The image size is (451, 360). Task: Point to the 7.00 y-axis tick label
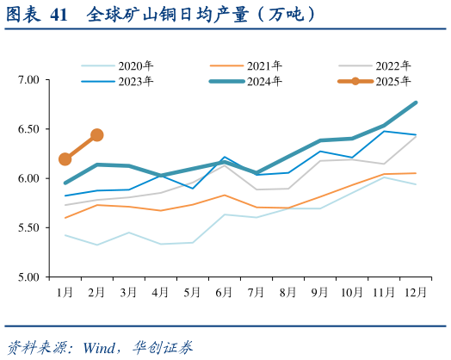coord(29,80)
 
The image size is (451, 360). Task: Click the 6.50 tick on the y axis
coord(29,129)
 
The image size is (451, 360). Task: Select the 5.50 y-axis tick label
coord(29,228)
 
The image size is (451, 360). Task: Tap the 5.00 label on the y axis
coord(29,277)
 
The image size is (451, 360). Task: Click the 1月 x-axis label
coord(65,293)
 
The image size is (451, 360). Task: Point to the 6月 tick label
coord(224,293)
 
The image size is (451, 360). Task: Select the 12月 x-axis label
coord(416,293)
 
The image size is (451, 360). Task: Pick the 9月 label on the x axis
coord(320,293)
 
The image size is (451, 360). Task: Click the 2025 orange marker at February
coord(97,135)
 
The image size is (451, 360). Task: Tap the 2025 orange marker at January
coord(65,159)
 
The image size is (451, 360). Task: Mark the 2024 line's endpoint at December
coord(417,102)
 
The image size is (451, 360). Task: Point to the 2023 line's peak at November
coord(385,131)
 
